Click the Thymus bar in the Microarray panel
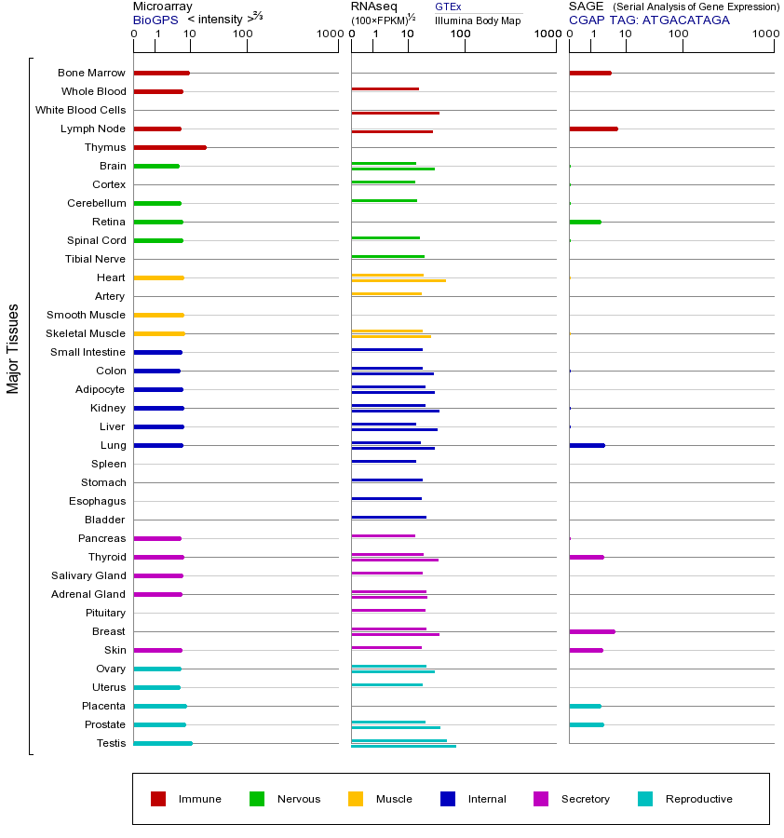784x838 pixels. pyautogui.click(x=169, y=147)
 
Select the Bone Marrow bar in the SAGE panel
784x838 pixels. pyautogui.click(x=589, y=73)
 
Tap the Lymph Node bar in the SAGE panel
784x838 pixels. pyautogui.click(x=593, y=128)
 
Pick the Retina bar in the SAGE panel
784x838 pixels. pyautogui.click(x=585, y=222)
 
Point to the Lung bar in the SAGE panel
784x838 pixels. pyautogui.click(x=587, y=445)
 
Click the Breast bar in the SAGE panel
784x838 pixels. pyautogui.click(x=591, y=631)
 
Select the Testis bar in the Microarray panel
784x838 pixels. pyautogui.click(x=163, y=743)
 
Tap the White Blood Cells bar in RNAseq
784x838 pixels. pyautogui.click(x=395, y=113)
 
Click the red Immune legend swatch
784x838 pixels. pyautogui.click(x=158, y=799)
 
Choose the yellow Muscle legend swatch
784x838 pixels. pyautogui.click(x=356, y=799)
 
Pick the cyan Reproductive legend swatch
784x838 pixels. pyautogui.click(x=645, y=799)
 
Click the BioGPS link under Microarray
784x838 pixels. pyautogui.click(x=153, y=20)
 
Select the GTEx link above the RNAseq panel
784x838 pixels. pyautogui.click(x=448, y=7)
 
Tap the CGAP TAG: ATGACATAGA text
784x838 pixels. pyautogui.click(x=649, y=20)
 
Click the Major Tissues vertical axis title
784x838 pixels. pyautogui.click(x=13, y=349)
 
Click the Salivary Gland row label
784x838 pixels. pyautogui.click(x=88, y=575)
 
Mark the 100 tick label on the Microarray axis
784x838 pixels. pyautogui.click(x=242, y=34)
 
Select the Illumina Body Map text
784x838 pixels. pyautogui.click(x=478, y=20)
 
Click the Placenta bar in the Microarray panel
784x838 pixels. pyautogui.click(x=160, y=706)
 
